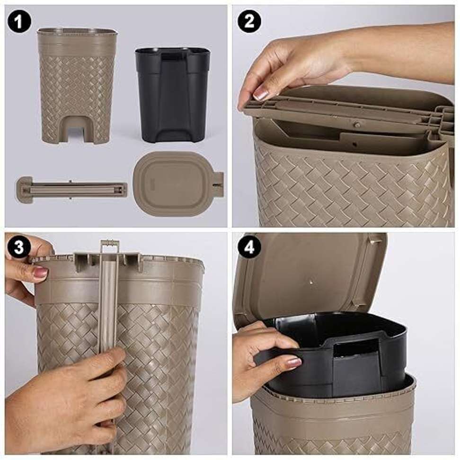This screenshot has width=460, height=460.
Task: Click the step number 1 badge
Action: (19, 21)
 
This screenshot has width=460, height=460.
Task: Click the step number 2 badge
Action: (249, 21)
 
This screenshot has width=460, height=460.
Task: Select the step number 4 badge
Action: (249, 248)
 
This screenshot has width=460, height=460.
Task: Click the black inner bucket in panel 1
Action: (172, 95)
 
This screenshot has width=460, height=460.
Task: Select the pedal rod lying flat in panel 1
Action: (72, 189)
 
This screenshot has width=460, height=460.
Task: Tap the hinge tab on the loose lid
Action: (219, 184)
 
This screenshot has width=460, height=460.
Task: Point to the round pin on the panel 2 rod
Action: (357, 124)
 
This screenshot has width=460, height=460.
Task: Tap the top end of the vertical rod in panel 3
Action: (110, 242)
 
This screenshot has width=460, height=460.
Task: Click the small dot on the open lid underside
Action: (311, 283)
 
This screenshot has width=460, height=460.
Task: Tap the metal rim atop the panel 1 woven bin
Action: (78, 31)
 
